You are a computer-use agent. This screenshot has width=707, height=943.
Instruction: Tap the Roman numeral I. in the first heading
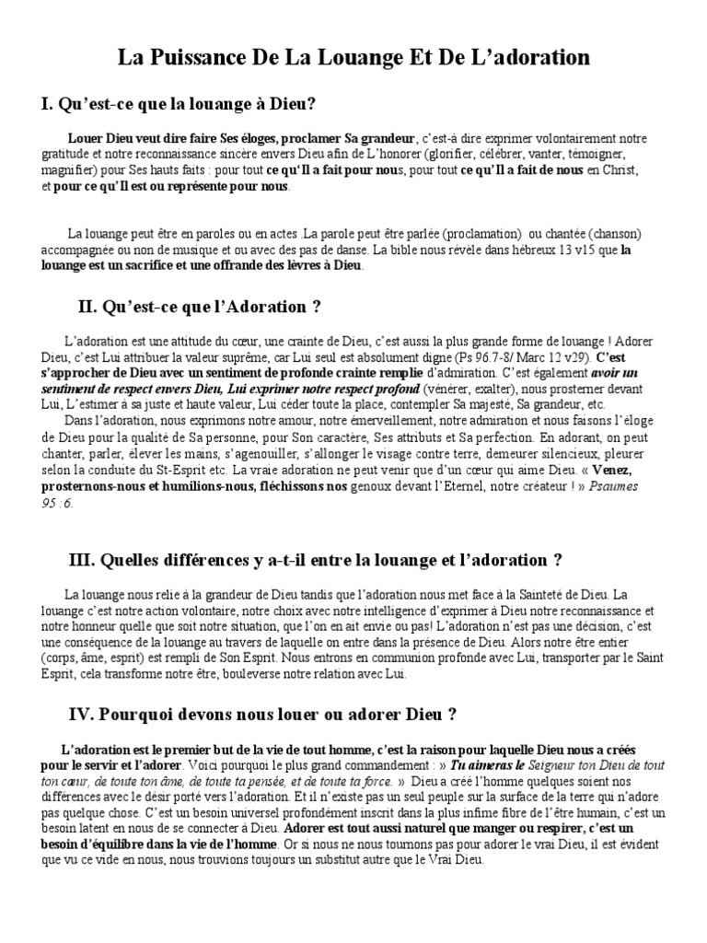point(46,105)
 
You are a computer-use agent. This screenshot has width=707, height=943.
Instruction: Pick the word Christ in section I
point(620,170)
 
